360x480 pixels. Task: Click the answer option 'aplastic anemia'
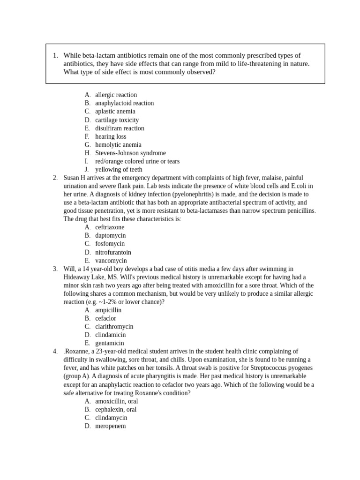(115, 112)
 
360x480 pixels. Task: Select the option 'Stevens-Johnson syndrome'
(130, 153)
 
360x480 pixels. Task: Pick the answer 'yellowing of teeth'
(119, 170)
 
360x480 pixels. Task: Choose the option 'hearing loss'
(111, 136)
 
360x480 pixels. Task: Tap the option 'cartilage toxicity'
(117, 120)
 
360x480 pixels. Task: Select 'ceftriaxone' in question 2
(110, 227)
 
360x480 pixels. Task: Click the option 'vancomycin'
(111, 261)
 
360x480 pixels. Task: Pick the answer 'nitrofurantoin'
(113, 252)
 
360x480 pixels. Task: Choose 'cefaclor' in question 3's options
(105, 318)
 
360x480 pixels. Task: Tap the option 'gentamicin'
(109, 343)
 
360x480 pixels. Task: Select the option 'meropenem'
(110, 426)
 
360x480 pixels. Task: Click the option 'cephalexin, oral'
(116, 410)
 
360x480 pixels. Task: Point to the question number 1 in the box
(55, 56)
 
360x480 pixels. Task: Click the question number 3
(55, 269)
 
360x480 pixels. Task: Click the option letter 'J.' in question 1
(87, 170)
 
